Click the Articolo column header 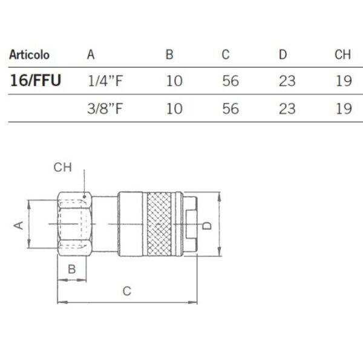coord(30,55)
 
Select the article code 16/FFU coord(36,80)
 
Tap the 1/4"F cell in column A coord(105,81)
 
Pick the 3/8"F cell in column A coord(105,108)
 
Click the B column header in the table coord(169,54)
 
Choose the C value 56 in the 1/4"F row coord(231,81)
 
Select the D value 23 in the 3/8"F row coord(287,109)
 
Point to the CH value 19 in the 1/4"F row coord(344,81)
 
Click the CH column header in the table coord(342,54)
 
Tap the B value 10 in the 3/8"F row coord(174,109)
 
